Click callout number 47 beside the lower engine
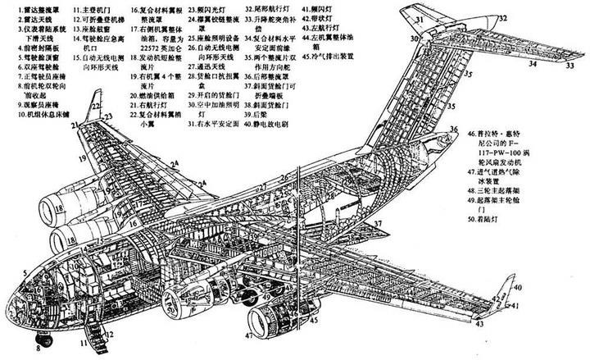coord(248,335)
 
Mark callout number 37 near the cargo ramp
coord(378,222)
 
